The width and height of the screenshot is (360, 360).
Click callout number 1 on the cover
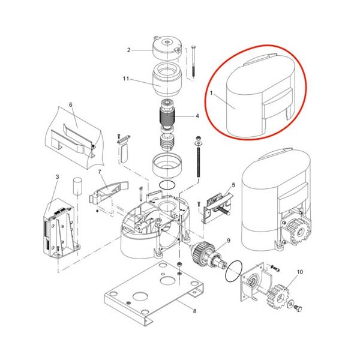(x=211, y=94)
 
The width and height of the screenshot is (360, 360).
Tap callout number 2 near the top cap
(x=129, y=50)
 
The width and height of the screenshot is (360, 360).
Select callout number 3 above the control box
(x=57, y=177)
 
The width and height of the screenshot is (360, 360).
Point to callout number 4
(x=197, y=116)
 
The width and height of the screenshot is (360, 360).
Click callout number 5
(x=233, y=185)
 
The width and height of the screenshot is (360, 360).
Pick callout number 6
(x=71, y=104)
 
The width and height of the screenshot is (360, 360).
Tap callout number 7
(x=100, y=172)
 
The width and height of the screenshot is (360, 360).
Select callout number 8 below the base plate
(x=194, y=311)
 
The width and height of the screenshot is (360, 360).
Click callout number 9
(x=229, y=241)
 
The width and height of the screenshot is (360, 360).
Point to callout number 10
(x=300, y=272)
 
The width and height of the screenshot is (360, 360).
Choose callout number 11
(x=126, y=79)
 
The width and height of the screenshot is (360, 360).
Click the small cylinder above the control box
(x=77, y=185)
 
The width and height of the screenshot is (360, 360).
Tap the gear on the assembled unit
(x=298, y=232)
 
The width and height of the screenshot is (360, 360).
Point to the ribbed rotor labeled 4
(x=167, y=116)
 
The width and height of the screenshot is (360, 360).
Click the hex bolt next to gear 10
(x=298, y=308)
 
